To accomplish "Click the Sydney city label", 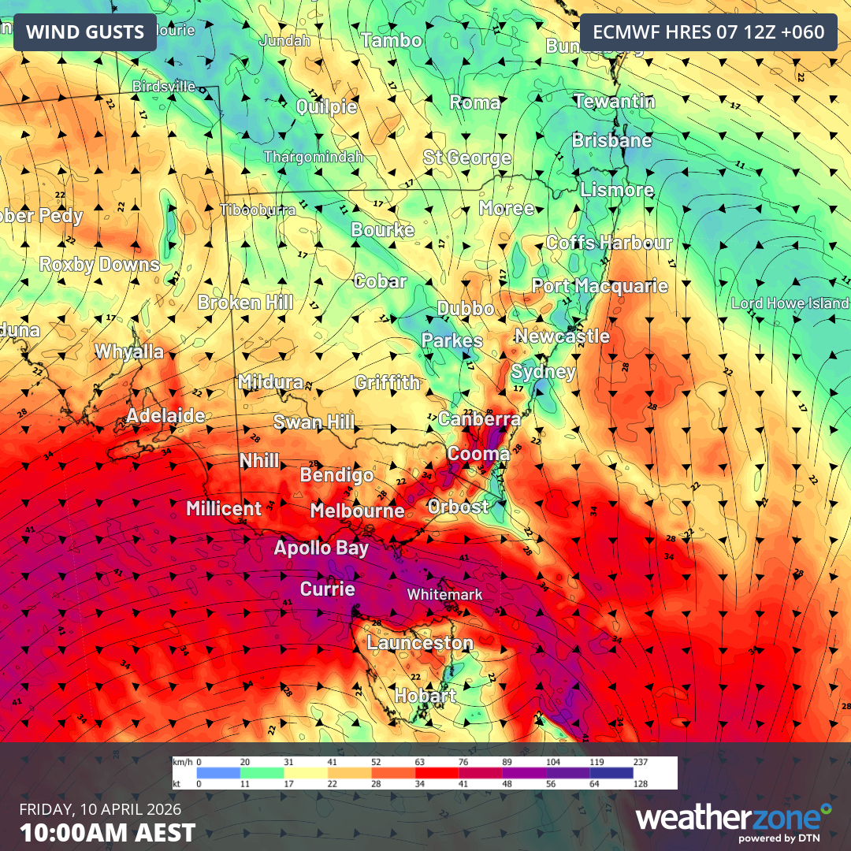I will [x=544, y=372].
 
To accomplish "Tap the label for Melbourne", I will [x=357, y=511].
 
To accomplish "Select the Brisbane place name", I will [x=612, y=141].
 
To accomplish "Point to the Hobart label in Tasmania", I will [x=425, y=696].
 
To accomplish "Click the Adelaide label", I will [x=165, y=415].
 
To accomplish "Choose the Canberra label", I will [x=479, y=418].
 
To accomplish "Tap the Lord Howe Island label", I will [x=790, y=303].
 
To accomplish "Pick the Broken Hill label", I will [x=245, y=303].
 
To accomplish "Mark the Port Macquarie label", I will [x=600, y=286].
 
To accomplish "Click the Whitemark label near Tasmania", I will [x=444, y=594].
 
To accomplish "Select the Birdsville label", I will [x=164, y=86].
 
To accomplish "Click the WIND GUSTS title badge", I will [x=85, y=32].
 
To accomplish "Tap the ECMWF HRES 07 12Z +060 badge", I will [x=708, y=32].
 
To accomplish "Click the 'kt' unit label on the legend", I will [x=178, y=784].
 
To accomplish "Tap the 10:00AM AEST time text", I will [x=107, y=832].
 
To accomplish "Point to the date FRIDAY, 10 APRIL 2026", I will [x=100, y=810].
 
